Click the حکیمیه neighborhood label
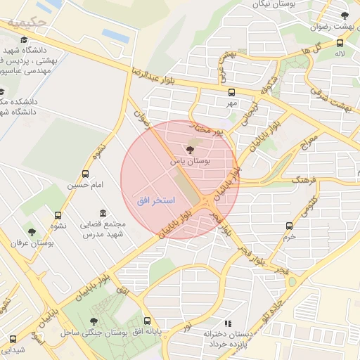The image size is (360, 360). click(27, 22)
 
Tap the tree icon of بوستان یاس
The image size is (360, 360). click(190, 148)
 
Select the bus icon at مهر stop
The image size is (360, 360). click(232, 91)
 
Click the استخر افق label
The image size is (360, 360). click(148, 201)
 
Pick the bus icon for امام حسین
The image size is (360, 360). click(85, 174)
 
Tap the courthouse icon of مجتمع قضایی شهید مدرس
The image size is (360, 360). click(103, 213)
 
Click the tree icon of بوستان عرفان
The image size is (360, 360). click(31, 231)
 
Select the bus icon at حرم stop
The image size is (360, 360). click(289, 226)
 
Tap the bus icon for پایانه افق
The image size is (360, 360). click(146, 320)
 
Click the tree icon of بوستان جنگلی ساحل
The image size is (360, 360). click(94, 321)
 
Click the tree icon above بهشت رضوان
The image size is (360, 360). click(344, 15)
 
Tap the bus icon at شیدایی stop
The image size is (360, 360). click(12, 338)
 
